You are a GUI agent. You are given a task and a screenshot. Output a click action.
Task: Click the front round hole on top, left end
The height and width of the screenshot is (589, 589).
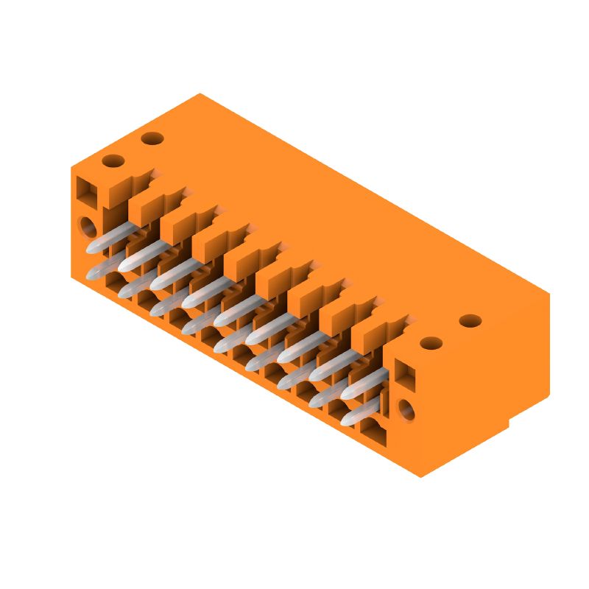pyautogui.click(x=113, y=161)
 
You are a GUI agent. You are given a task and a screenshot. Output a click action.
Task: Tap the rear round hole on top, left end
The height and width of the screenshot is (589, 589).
pyautogui.click(x=152, y=138)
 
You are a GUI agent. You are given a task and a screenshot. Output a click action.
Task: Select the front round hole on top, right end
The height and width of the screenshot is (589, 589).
pyautogui.click(x=431, y=343)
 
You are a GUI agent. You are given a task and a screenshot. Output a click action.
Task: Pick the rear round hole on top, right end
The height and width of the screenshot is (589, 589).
pyautogui.click(x=470, y=321)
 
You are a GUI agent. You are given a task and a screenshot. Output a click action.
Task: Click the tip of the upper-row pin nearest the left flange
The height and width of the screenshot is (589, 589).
pyautogui.click(x=93, y=247)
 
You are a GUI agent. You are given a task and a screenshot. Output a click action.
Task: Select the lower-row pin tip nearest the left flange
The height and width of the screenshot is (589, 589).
pyautogui.click(x=93, y=274)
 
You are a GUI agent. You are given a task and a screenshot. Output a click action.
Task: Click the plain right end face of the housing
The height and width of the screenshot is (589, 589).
pyautogui.click(x=482, y=390)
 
